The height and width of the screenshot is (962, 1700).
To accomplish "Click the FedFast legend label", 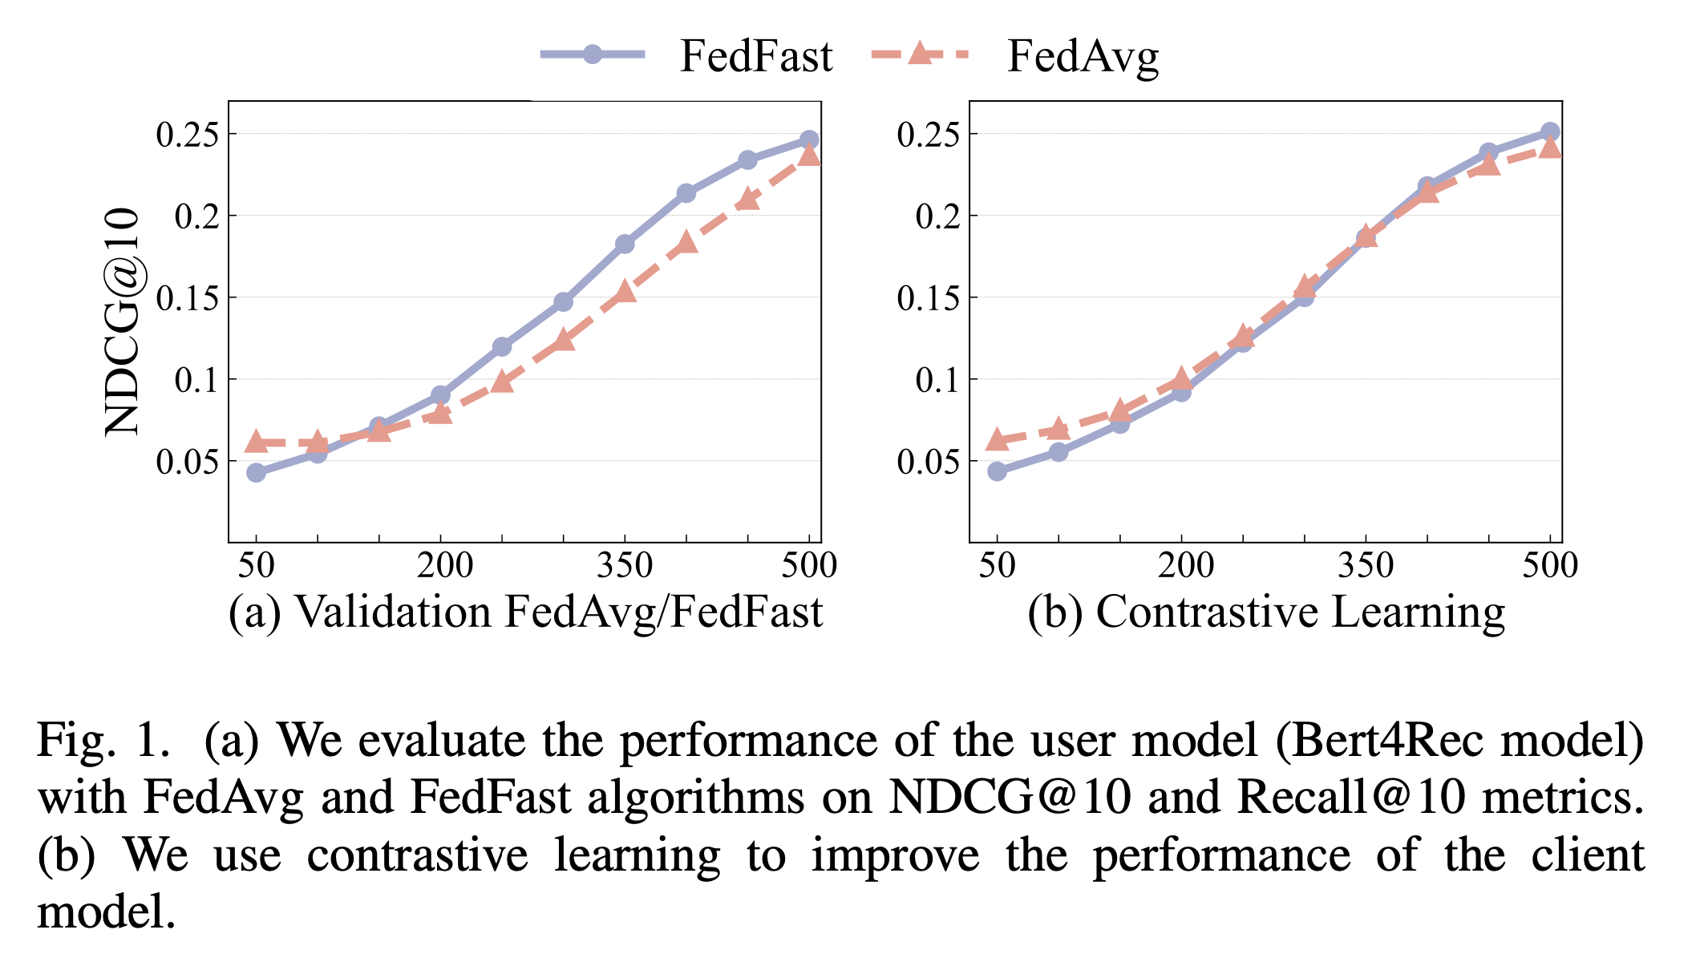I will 755,56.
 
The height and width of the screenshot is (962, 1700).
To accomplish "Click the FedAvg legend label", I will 1083,56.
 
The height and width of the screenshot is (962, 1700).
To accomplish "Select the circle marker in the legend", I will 592,55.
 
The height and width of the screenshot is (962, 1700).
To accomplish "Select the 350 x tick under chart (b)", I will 1366,566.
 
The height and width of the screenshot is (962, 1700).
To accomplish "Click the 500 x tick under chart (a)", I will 808,566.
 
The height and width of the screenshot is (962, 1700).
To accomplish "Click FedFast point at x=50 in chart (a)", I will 256,472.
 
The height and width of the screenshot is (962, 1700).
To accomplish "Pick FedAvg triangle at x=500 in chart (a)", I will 810,154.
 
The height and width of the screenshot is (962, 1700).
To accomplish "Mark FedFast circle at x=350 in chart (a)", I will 625,244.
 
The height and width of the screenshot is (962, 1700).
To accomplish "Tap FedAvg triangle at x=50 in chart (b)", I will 997,439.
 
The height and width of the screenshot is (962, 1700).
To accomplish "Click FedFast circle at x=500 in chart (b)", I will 1550,131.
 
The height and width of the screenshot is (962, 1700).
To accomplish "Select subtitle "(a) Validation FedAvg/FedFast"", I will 525,612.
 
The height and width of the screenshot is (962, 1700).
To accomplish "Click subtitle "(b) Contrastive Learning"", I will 1266,612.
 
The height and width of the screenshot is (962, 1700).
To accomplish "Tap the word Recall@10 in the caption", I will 1351,797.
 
